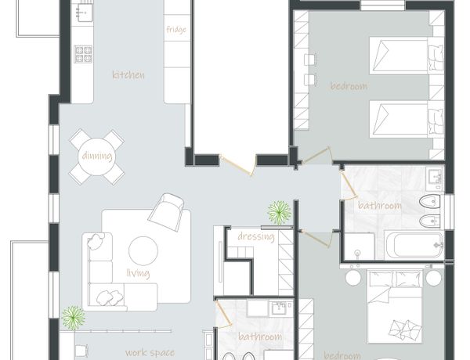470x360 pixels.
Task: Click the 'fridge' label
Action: [x=176, y=30]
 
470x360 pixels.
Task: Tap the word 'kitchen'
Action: [x=128, y=75]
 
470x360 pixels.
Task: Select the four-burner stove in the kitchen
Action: [x=83, y=54]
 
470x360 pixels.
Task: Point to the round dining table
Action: [x=97, y=157]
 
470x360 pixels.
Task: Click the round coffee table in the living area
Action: [x=143, y=251]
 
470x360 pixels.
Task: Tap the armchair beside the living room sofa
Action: [x=166, y=211]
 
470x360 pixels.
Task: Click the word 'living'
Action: [x=138, y=273]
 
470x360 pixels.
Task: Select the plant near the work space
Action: [x=73, y=318]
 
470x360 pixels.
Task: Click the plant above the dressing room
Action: [x=280, y=212]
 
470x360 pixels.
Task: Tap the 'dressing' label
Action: [x=256, y=236]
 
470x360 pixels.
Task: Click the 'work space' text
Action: [x=150, y=352]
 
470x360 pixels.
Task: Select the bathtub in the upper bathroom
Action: [x=414, y=245]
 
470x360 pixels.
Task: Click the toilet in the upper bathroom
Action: [x=429, y=201]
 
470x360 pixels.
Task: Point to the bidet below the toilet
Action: [x=429, y=221]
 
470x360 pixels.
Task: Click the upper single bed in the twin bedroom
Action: [x=406, y=56]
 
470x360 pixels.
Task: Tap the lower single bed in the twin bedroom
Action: [x=406, y=119]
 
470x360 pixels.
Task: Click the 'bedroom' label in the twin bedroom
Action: [x=349, y=86]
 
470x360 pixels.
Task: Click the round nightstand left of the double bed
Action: [x=353, y=278]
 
